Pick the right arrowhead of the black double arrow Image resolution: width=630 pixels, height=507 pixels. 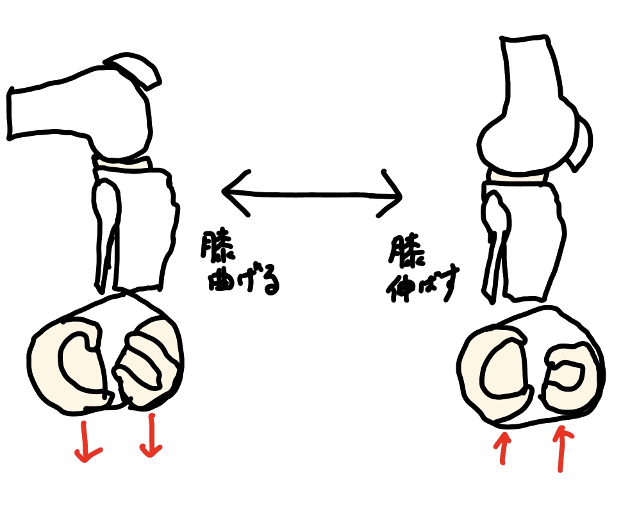(x=390, y=194)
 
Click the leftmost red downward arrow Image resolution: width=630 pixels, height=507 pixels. (x=86, y=442)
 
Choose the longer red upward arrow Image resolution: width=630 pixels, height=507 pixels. (x=561, y=449)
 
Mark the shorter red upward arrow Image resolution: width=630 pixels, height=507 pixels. (x=503, y=448)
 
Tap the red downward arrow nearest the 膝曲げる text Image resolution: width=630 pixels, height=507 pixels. (x=151, y=435)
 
